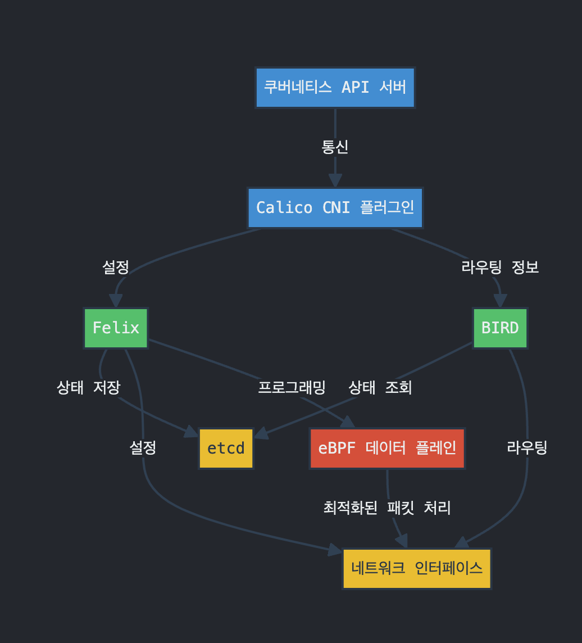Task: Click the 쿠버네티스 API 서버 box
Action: point(335,87)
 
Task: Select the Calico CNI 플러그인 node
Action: point(335,207)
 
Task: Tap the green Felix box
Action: point(116,328)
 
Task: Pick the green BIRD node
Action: point(500,328)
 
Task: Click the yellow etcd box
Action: point(226,448)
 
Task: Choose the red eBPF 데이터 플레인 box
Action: point(387,448)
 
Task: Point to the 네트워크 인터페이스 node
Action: point(417,568)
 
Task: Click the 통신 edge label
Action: point(335,147)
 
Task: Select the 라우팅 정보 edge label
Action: point(500,267)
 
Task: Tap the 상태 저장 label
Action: point(88,387)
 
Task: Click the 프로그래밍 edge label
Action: point(292,387)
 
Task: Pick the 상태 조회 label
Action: point(380,387)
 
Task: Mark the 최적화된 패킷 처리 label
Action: point(387,508)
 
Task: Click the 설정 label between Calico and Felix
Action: point(116,267)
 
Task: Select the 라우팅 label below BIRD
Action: point(527,448)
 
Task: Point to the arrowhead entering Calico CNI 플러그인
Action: point(335,181)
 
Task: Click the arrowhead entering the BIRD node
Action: point(500,301)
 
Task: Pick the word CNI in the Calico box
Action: point(335,207)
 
